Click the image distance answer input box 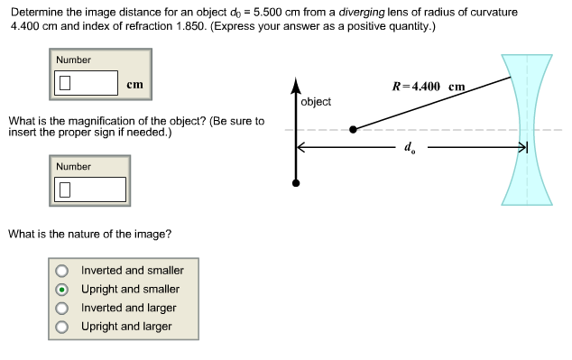(87, 84)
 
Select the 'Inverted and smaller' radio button (61, 271)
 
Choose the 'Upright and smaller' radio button (61, 290)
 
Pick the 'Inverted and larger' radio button (61, 309)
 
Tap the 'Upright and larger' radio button (61, 327)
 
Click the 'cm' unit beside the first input (134, 84)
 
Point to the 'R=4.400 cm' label (429, 87)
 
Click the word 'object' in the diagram (316, 101)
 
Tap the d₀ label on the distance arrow (410, 147)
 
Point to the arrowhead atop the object (295, 88)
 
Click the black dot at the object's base (295, 183)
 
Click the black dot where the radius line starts (353, 129)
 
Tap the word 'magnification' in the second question (87, 121)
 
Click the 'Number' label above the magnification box (73, 166)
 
